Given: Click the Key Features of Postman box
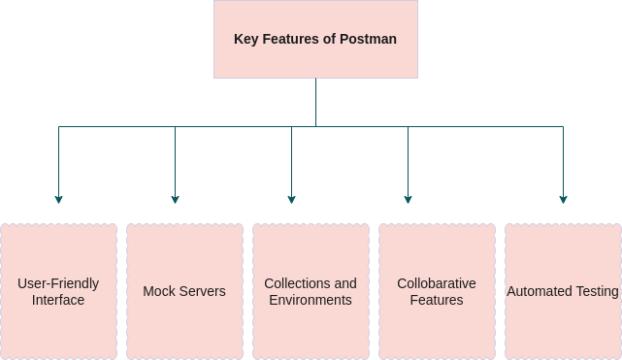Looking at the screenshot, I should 315,39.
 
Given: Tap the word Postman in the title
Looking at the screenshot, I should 368,40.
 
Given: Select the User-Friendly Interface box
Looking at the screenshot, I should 58,291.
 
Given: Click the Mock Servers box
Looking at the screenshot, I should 184,291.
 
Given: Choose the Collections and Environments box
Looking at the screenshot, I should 311,291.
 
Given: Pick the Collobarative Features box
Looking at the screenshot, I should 437,291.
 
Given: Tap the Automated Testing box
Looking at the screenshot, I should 563,291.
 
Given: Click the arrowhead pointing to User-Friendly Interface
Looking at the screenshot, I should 58,199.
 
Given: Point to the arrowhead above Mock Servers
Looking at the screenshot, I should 175,199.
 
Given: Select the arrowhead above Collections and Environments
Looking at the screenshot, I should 291,199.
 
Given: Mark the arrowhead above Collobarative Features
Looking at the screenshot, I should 408,199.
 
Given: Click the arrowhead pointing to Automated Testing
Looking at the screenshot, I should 563,199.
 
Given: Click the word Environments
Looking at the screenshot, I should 311,301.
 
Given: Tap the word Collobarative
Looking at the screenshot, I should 437,283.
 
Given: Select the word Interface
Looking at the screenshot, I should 58,301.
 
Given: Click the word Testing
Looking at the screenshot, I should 595,291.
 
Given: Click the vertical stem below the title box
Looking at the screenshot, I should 315,102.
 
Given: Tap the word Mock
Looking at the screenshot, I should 158,291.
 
